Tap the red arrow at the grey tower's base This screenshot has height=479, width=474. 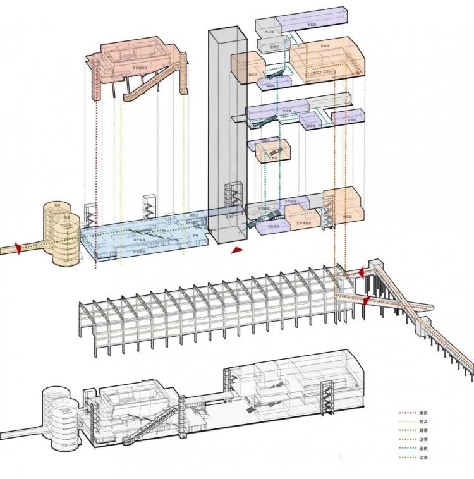tap(237, 251)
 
